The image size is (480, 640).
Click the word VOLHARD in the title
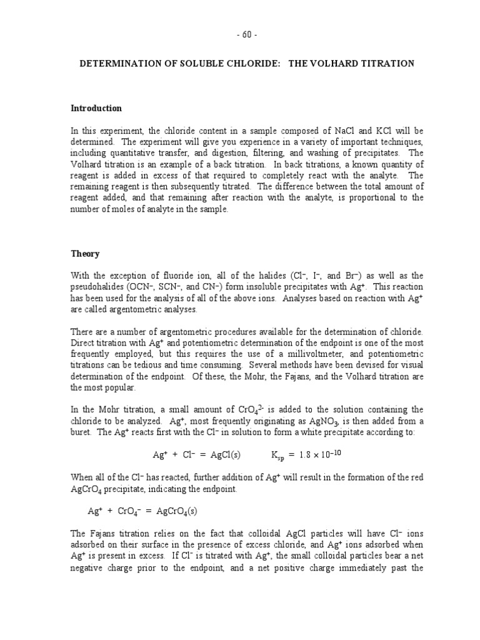coord(335,64)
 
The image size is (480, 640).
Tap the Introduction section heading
coord(96,108)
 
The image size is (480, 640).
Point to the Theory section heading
coord(84,254)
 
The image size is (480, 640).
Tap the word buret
coord(81,434)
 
